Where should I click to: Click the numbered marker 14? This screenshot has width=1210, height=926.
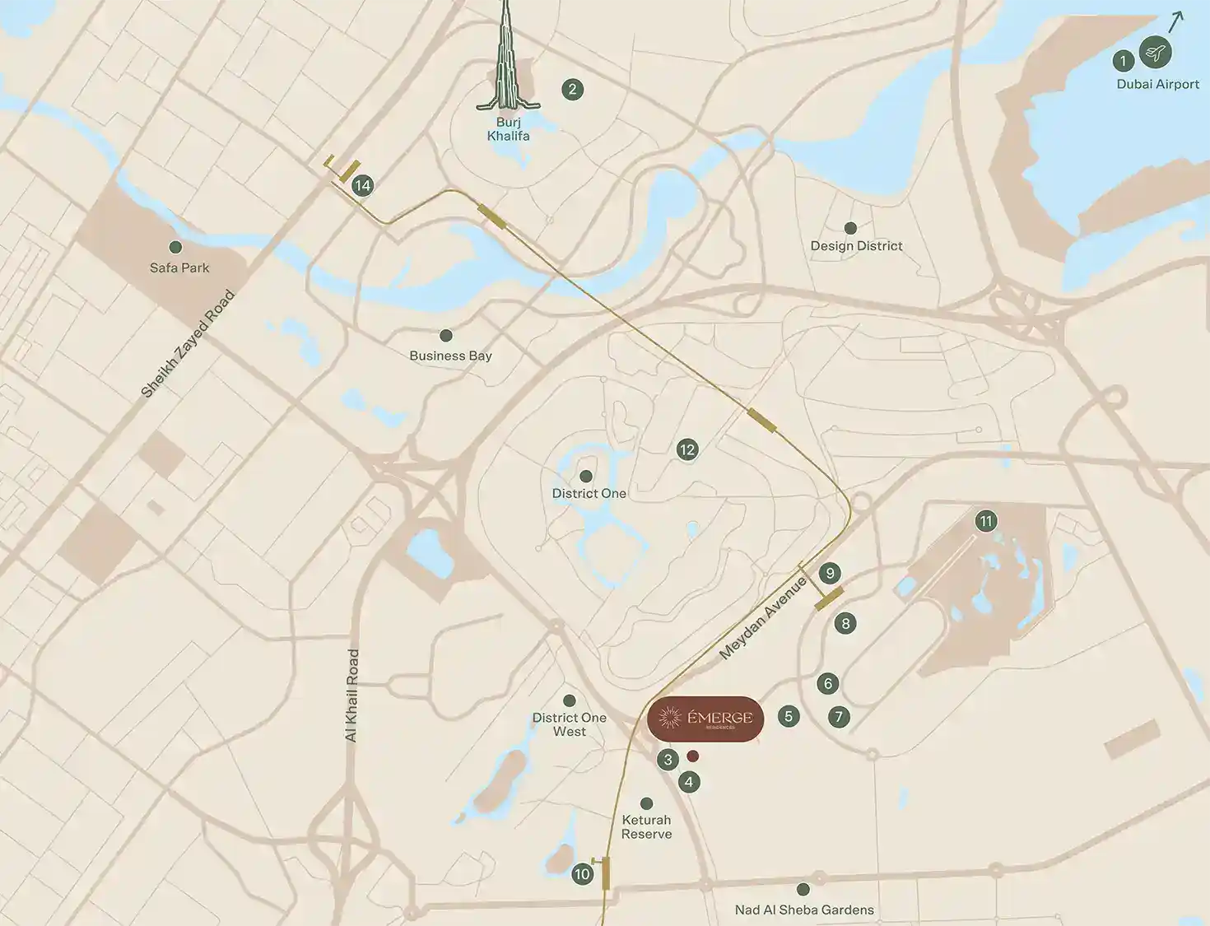(362, 185)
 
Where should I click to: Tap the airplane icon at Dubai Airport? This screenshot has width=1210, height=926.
(1156, 53)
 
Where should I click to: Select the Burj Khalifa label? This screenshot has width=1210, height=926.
(508, 129)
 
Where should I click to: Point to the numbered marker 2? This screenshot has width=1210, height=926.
(572, 90)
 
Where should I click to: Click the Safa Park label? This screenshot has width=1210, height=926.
(179, 268)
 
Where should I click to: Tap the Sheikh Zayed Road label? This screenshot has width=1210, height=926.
(188, 344)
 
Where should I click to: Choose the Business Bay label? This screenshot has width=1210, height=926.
(450, 356)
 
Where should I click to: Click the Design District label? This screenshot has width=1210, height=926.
(856, 245)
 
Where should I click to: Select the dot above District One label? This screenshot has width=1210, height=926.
(586, 477)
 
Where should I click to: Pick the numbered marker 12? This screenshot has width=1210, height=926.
(686, 449)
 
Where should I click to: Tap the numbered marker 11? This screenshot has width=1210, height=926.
(986, 521)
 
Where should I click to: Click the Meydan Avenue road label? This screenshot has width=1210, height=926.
(763, 618)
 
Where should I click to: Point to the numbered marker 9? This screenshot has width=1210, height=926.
(830, 574)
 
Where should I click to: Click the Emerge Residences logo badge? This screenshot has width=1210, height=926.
(705, 719)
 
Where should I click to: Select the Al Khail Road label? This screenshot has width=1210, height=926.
(352, 696)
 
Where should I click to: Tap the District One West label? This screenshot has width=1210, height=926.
(569, 724)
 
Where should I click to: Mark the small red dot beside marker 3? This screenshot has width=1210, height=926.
(692, 756)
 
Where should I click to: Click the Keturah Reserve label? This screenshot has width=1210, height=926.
(646, 826)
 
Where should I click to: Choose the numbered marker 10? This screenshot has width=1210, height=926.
(582, 874)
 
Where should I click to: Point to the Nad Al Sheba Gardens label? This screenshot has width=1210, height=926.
(804, 910)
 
